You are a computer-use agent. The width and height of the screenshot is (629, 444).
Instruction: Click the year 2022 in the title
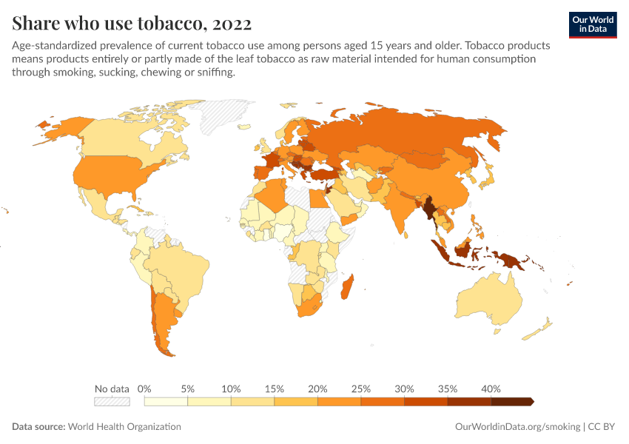[232, 24]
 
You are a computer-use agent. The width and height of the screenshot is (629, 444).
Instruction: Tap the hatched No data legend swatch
[112, 401]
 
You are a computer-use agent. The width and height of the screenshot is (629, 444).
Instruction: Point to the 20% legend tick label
[317, 388]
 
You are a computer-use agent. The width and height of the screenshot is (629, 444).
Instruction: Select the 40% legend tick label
[491, 388]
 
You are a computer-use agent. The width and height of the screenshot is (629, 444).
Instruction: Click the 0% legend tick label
[145, 388]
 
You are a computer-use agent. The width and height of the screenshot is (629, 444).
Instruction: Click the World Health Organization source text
[124, 427]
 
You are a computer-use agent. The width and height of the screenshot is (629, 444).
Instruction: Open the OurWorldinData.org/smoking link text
[517, 427]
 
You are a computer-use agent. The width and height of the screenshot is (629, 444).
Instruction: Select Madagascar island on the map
[347, 288]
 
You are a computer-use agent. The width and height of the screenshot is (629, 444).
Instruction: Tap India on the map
[400, 211]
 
